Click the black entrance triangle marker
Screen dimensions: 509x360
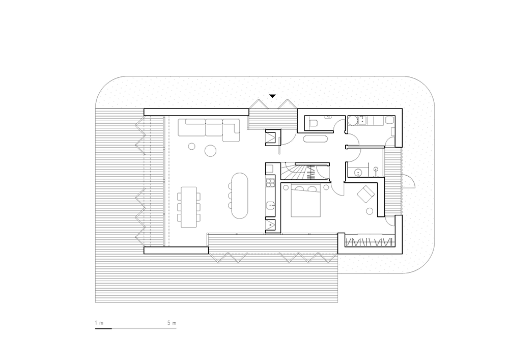[x=272, y=96]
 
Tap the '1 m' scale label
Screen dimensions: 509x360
[x=99, y=323]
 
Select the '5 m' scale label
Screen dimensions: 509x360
[x=172, y=323]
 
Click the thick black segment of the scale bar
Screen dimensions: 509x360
[x=103, y=328]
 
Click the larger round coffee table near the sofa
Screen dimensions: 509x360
[x=210, y=150]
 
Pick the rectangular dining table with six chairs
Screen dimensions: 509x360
[x=189, y=207]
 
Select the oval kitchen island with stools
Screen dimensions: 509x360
[x=240, y=196]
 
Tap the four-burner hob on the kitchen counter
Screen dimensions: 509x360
[x=270, y=183]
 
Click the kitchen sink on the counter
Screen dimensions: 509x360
[x=270, y=206]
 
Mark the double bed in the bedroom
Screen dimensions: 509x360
[x=306, y=201]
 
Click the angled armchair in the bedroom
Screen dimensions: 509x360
[x=366, y=194]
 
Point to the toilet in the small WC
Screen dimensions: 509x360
[x=313, y=123]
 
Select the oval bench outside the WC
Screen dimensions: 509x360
[x=316, y=139]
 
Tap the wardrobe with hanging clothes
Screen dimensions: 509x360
[x=369, y=242]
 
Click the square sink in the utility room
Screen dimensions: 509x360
[x=362, y=121]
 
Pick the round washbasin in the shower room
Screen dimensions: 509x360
[x=358, y=172]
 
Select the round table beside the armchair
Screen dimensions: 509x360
[x=370, y=211]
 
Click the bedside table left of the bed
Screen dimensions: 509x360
[x=286, y=187]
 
